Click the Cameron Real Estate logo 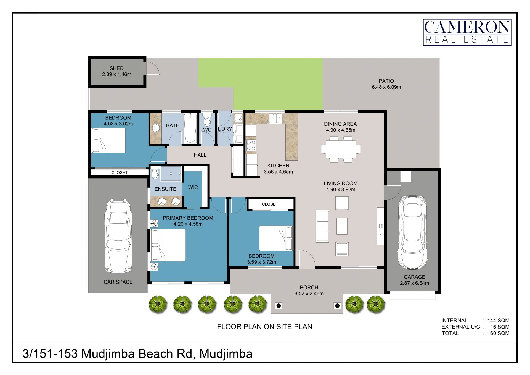(467, 32)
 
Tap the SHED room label (116, 68)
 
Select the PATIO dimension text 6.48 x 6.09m (386, 87)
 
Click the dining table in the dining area (341, 149)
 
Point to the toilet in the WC (207, 119)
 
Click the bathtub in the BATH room (190, 128)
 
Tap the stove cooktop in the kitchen (251, 145)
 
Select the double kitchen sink (275, 119)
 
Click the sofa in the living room (322, 226)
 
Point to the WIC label (193, 187)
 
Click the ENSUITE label (165, 189)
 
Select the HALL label (200, 155)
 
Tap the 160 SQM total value (498, 333)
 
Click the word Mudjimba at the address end (226, 354)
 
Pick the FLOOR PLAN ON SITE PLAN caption (264, 327)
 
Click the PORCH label (309, 288)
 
